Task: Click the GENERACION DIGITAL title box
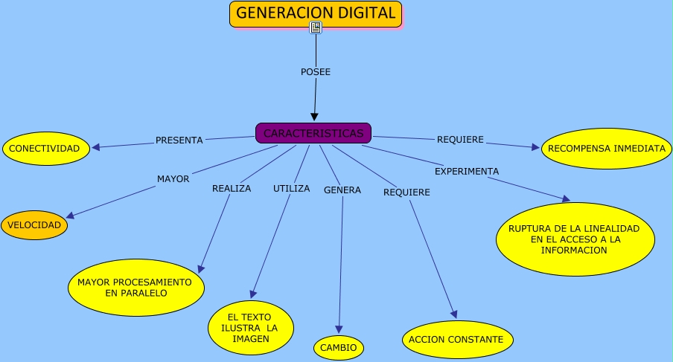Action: click(x=316, y=13)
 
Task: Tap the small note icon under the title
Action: click(x=316, y=28)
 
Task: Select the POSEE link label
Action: click(x=315, y=72)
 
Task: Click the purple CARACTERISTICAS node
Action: click(x=313, y=133)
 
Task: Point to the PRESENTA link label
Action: click(x=179, y=140)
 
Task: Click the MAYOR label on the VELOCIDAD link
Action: click(x=173, y=178)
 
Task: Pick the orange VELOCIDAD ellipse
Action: click(x=34, y=225)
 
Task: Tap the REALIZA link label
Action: click(x=232, y=188)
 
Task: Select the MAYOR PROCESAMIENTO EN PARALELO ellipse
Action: click(x=136, y=288)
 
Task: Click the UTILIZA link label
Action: click(x=291, y=188)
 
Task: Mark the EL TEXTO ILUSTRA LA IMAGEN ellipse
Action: click(x=250, y=328)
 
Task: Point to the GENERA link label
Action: click(x=342, y=190)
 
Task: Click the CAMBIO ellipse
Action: click(x=339, y=347)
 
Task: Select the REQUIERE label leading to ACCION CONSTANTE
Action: click(x=406, y=193)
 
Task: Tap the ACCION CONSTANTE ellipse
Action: click(x=458, y=340)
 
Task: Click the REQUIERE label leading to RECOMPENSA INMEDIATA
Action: click(x=460, y=139)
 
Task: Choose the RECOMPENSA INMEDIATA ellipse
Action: click(x=606, y=148)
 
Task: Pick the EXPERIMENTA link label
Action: click(x=467, y=171)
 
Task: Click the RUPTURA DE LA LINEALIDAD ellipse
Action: click(x=575, y=239)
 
